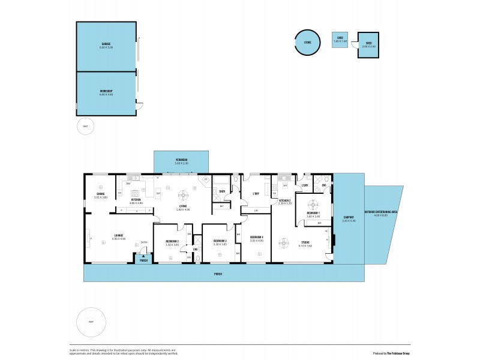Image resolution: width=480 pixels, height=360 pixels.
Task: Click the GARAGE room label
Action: (x=106, y=44)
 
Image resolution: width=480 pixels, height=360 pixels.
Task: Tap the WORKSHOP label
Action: (x=106, y=91)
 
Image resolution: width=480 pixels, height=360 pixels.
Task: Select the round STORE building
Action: (x=307, y=42)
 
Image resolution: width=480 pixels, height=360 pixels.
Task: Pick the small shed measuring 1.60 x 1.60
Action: (x=340, y=40)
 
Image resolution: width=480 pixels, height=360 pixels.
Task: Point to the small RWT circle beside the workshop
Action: (x=85, y=126)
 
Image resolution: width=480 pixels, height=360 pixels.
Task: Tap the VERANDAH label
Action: (x=181, y=161)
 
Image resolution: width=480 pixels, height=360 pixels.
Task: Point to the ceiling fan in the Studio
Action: (x=284, y=242)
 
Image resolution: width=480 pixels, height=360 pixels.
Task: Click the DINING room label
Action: (x=101, y=194)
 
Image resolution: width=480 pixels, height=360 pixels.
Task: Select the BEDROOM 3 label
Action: (x=220, y=241)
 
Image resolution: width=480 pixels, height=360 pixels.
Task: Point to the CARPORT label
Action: (x=349, y=217)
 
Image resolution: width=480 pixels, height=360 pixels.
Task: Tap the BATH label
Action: (x=222, y=191)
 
